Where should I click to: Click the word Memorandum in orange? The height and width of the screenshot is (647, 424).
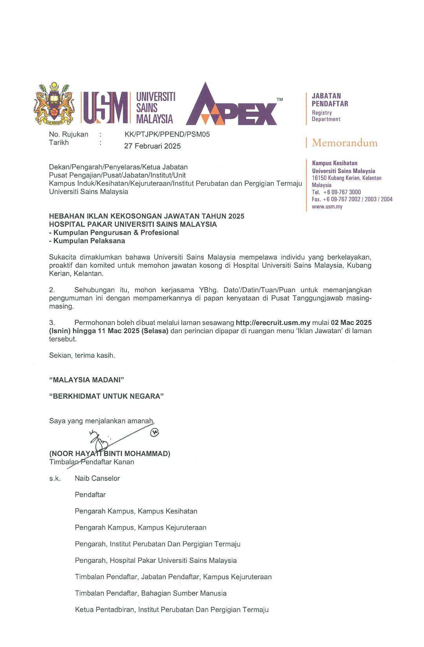point(344,143)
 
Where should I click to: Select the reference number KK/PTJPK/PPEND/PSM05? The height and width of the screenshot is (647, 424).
point(167,134)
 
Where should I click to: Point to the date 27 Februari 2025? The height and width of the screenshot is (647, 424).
point(152,146)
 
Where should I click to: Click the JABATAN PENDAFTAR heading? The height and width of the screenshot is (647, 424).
point(330,100)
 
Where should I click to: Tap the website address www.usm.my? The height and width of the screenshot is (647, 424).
point(327,206)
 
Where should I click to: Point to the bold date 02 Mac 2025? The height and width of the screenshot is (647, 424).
point(351,323)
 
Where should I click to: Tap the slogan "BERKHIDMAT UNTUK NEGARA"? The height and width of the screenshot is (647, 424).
point(106,396)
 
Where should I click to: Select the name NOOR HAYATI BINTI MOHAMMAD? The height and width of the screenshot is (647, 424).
point(110,454)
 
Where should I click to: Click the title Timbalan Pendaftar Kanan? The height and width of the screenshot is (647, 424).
point(91,462)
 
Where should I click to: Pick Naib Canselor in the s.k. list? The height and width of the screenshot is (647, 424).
point(97,479)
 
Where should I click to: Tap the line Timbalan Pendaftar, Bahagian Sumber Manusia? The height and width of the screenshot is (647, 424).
point(150,594)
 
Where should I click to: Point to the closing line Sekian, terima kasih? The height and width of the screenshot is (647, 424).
point(82,356)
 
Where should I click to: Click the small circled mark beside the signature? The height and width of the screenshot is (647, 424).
point(155,433)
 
